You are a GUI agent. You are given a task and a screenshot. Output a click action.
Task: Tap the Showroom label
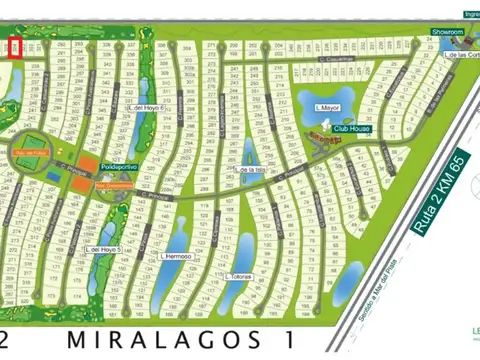[x=448, y=32]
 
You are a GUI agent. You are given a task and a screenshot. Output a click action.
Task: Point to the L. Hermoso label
[x=175, y=256]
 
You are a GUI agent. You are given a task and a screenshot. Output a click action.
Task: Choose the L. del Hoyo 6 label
[x=147, y=109]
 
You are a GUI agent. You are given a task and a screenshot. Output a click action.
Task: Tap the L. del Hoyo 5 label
[x=103, y=248]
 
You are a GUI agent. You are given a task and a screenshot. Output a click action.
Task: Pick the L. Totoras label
[x=240, y=277]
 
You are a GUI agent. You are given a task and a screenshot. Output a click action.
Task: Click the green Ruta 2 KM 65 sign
[x=437, y=195]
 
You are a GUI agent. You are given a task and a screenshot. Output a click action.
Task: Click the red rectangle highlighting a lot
[x=14, y=48]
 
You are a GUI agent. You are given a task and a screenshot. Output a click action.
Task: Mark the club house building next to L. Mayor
[x=318, y=133]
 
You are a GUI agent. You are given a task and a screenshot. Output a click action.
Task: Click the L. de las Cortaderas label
[x=460, y=55]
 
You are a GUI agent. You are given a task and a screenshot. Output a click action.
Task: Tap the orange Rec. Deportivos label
[x=114, y=184]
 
